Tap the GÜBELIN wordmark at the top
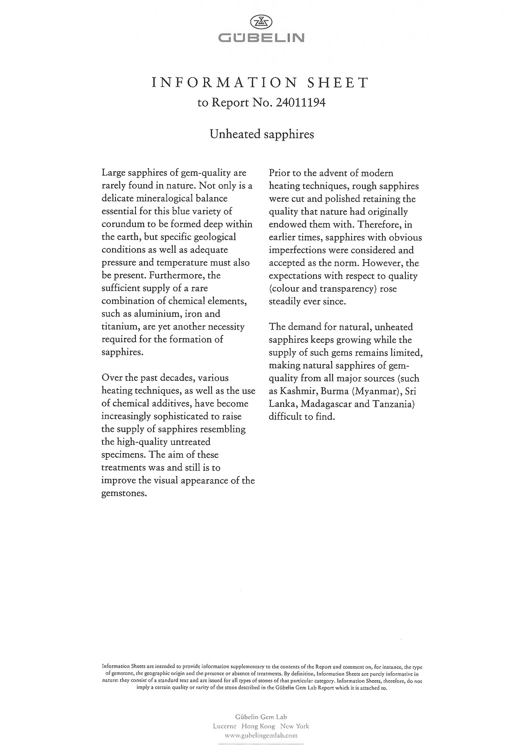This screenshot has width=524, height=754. (261, 38)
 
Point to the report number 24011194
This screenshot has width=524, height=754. (300, 103)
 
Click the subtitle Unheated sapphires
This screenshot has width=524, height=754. (262, 134)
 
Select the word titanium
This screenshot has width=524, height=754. (117, 327)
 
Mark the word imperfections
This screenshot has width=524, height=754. (297, 250)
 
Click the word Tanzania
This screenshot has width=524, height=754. (393, 404)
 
